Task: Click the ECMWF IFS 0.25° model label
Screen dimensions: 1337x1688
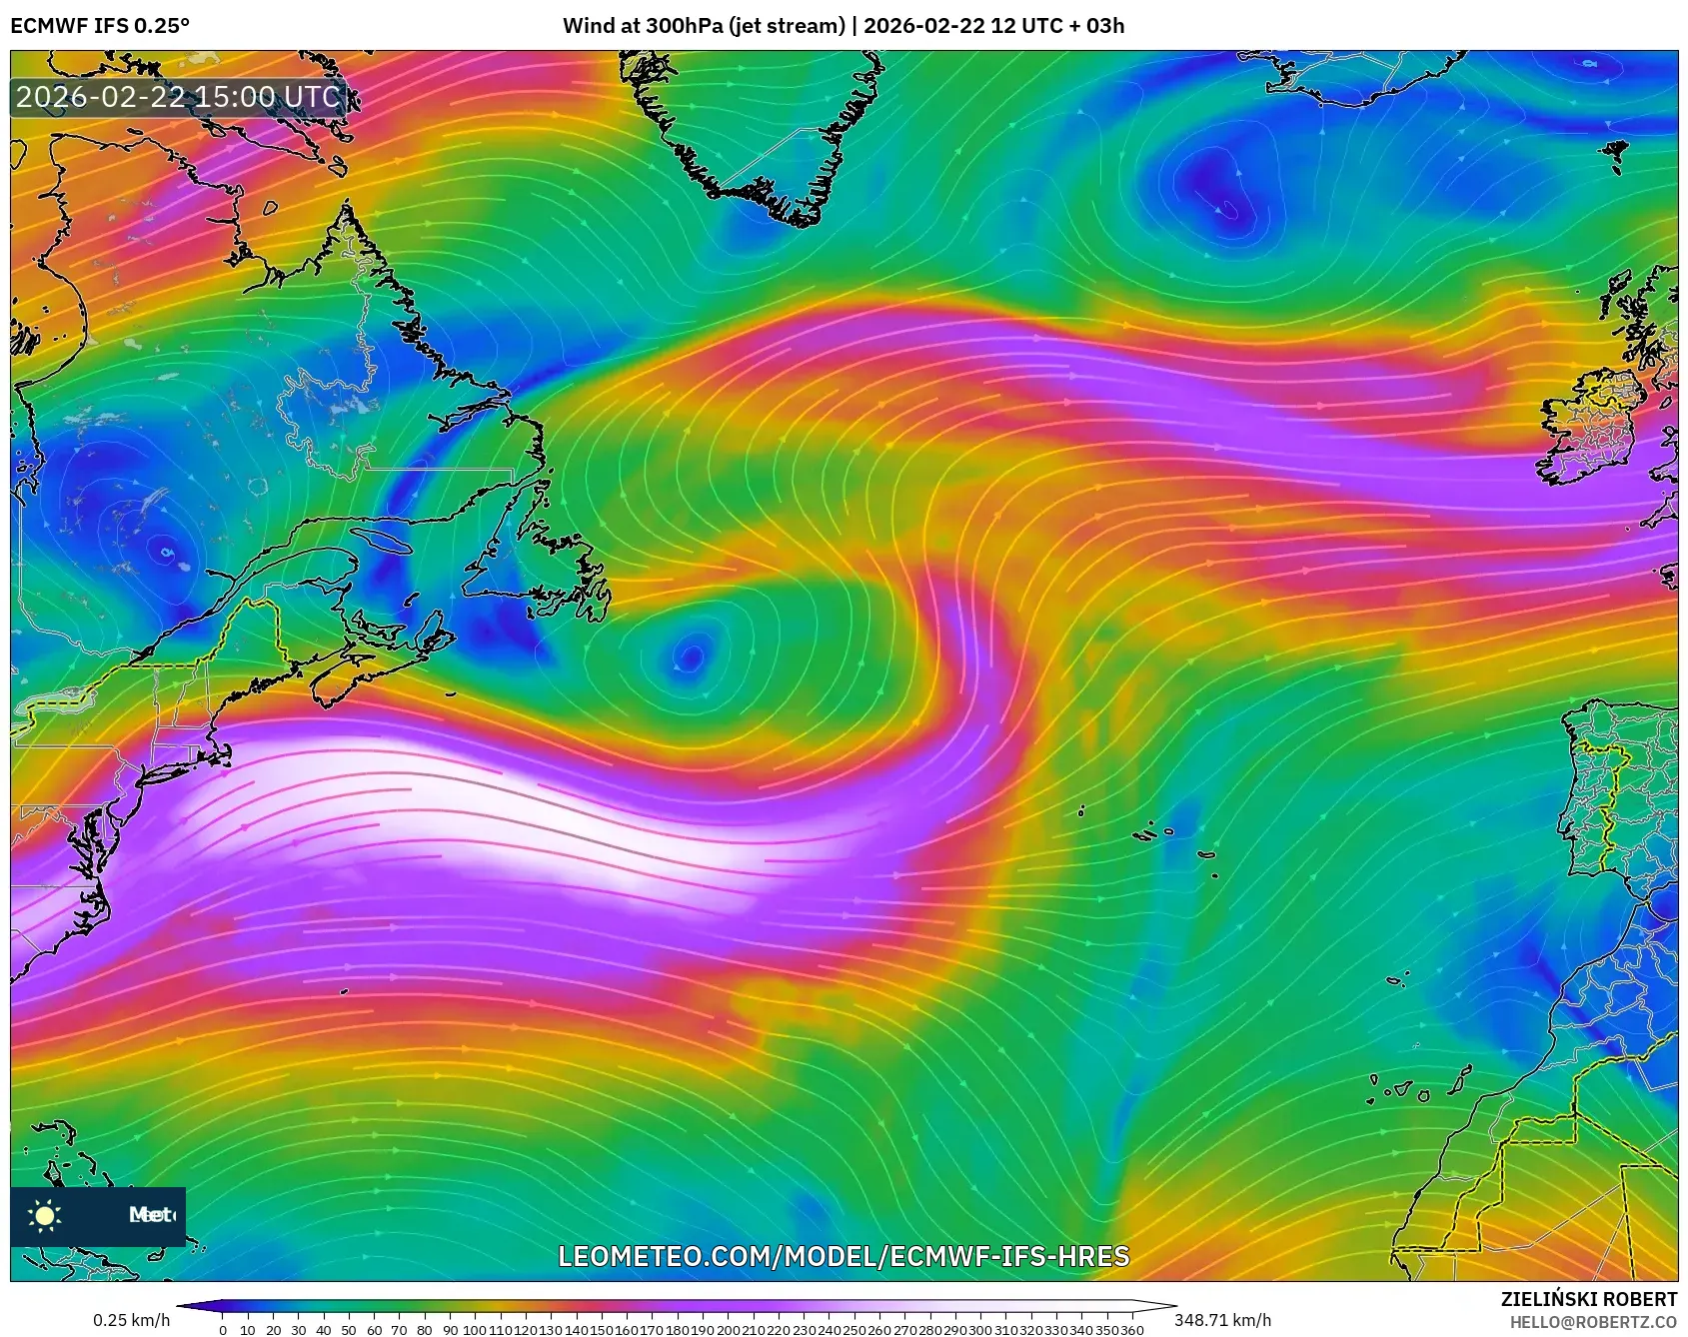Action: click(100, 26)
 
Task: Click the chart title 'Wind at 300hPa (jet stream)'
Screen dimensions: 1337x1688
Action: click(704, 26)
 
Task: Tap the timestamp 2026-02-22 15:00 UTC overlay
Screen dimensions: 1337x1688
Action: click(178, 97)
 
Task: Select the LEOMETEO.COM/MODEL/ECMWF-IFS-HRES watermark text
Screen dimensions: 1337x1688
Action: click(844, 1256)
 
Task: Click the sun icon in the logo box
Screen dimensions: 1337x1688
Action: click(45, 1215)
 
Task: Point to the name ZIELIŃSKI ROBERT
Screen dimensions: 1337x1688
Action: click(1588, 1299)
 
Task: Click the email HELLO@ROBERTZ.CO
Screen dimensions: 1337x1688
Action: click(1593, 1322)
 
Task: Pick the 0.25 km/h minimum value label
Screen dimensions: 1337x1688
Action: click(132, 1320)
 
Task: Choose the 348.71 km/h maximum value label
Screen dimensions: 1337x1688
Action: click(1222, 1320)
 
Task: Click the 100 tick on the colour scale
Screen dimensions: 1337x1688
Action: click(474, 1330)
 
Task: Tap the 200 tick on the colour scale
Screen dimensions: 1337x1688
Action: click(728, 1330)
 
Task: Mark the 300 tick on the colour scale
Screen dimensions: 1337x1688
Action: click(981, 1330)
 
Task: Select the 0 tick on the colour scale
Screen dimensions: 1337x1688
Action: click(222, 1330)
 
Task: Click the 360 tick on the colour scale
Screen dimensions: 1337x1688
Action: click(1132, 1330)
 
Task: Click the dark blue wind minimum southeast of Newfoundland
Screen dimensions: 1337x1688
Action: click(690, 657)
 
